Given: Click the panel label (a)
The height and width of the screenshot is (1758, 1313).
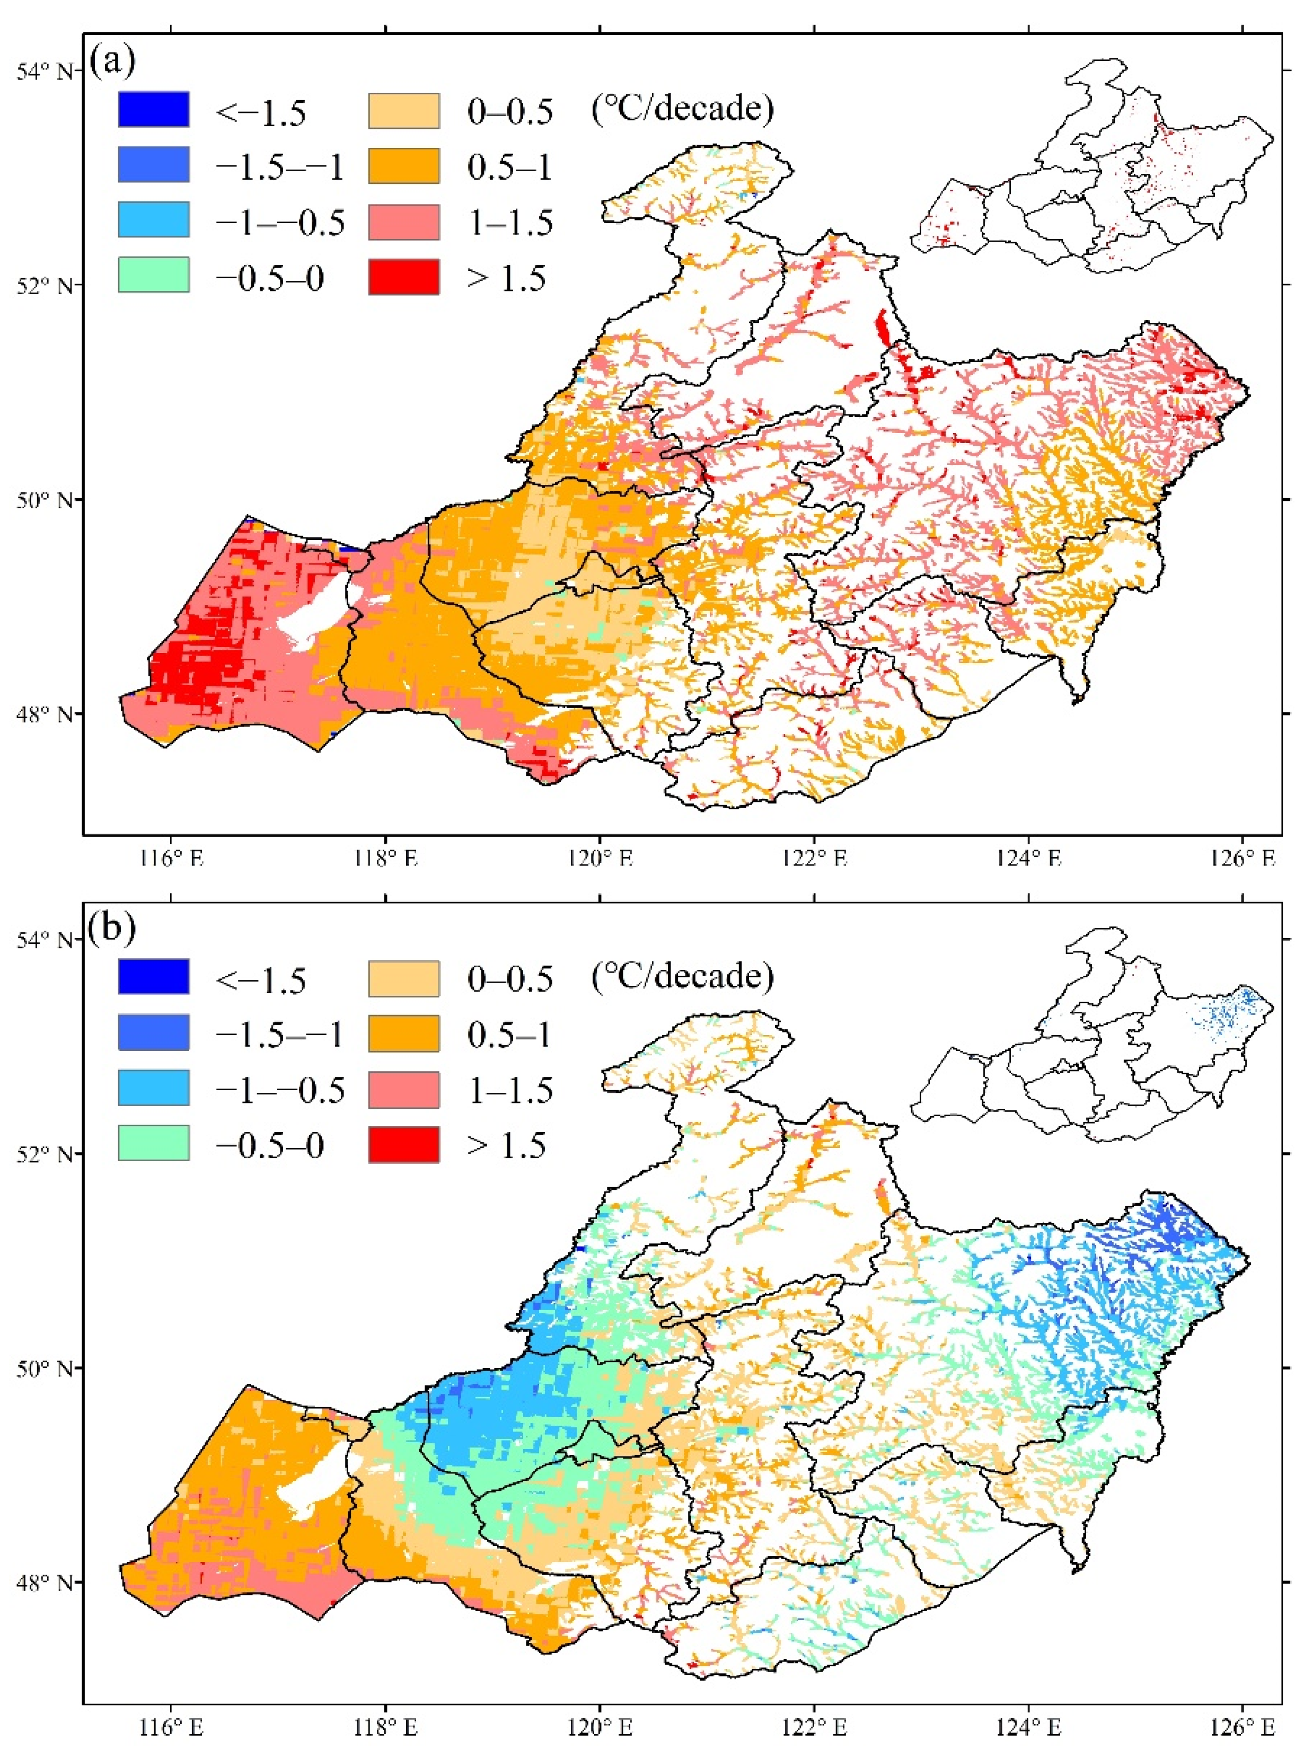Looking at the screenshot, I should point(112,61).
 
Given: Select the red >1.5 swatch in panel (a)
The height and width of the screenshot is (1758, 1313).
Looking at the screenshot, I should point(404,277).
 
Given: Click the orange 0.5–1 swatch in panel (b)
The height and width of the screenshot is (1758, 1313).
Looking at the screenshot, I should point(404,1033).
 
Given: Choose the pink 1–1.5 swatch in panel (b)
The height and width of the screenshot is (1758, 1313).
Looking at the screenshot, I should point(404,1089).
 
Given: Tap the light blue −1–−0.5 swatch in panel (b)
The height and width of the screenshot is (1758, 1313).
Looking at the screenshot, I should point(153,1088).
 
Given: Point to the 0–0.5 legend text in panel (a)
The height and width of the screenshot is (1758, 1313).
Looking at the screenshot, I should point(509,112).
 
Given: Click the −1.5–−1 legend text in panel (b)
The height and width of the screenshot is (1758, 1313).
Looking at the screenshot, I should point(280,1035).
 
